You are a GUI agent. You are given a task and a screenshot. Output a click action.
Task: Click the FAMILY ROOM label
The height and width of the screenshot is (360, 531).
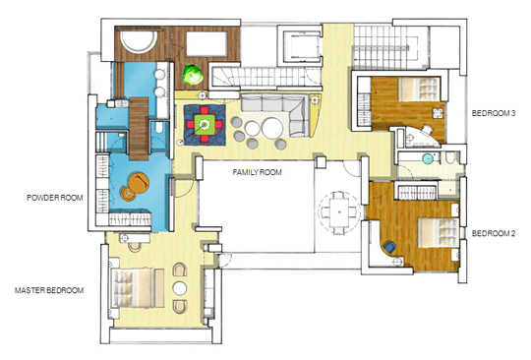(257, 172)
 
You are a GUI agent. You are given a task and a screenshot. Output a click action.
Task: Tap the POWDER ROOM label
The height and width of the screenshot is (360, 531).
(55, 198)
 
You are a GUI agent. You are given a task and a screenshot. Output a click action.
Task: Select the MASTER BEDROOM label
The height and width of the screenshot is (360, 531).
(49, 290)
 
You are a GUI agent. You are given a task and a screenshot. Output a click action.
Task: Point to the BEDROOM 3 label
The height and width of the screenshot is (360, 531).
(494, 113)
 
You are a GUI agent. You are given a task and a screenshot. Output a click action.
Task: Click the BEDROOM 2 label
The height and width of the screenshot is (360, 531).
(494, 233)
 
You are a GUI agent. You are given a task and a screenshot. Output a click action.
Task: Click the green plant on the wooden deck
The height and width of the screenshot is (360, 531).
(193, 75)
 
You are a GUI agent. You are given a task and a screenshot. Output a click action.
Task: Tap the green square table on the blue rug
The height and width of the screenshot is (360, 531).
(205, 125)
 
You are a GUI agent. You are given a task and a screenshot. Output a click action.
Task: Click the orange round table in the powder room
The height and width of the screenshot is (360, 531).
(139, 183)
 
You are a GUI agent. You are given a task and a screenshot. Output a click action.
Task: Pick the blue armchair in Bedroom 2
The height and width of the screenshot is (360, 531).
(389, 247)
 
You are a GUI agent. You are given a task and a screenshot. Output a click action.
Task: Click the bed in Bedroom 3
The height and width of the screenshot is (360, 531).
(419, 89)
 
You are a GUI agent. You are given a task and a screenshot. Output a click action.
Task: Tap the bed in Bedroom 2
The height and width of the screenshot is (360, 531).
(439, 232)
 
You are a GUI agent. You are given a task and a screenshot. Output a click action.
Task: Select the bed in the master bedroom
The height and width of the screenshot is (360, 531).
(132, 288)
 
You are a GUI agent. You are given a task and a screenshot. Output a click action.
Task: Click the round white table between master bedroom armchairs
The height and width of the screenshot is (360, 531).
(180, 288)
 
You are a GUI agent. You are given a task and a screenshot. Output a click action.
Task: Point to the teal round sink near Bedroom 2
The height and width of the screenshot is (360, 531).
(429, 158)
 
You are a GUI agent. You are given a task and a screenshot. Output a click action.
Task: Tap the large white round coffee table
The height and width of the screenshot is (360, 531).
(272, 128)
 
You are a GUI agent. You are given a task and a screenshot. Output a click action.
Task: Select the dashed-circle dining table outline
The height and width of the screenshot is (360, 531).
(339, 212)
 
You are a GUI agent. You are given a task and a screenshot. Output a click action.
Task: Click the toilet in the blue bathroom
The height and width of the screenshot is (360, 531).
(159, 127)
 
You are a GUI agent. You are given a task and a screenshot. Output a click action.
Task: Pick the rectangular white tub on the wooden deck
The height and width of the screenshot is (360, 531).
(206, 44)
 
